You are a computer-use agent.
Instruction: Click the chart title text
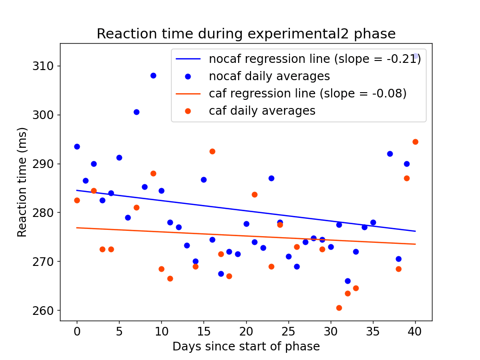(x=246, y=34)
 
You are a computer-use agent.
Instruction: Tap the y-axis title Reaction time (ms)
(x=22, y=182)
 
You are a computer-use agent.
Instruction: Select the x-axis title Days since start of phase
(x=246, y=346)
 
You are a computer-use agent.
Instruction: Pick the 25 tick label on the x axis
(x=288, y=331)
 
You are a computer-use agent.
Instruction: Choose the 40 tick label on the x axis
(x=415, y=331)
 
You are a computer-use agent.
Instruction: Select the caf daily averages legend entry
(x=262, y=111)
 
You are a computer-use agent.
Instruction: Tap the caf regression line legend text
(x=307, y=94)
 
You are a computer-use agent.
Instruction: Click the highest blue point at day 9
(x=153, y=75)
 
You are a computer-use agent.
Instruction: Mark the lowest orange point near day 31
(x=339, y=308)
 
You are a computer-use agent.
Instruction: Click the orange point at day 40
(x=415, y=142)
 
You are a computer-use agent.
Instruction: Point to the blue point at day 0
(x=77, y=146)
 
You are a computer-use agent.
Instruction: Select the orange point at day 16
(x=212, y=151)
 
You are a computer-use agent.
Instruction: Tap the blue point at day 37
(x=390, y=154)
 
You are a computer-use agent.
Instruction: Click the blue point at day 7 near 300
(x=136, y=112)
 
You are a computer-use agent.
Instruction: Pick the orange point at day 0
(x=77, y=200)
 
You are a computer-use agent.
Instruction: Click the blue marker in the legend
(x=188, y=76)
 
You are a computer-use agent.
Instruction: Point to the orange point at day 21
(x=254, y=194)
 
